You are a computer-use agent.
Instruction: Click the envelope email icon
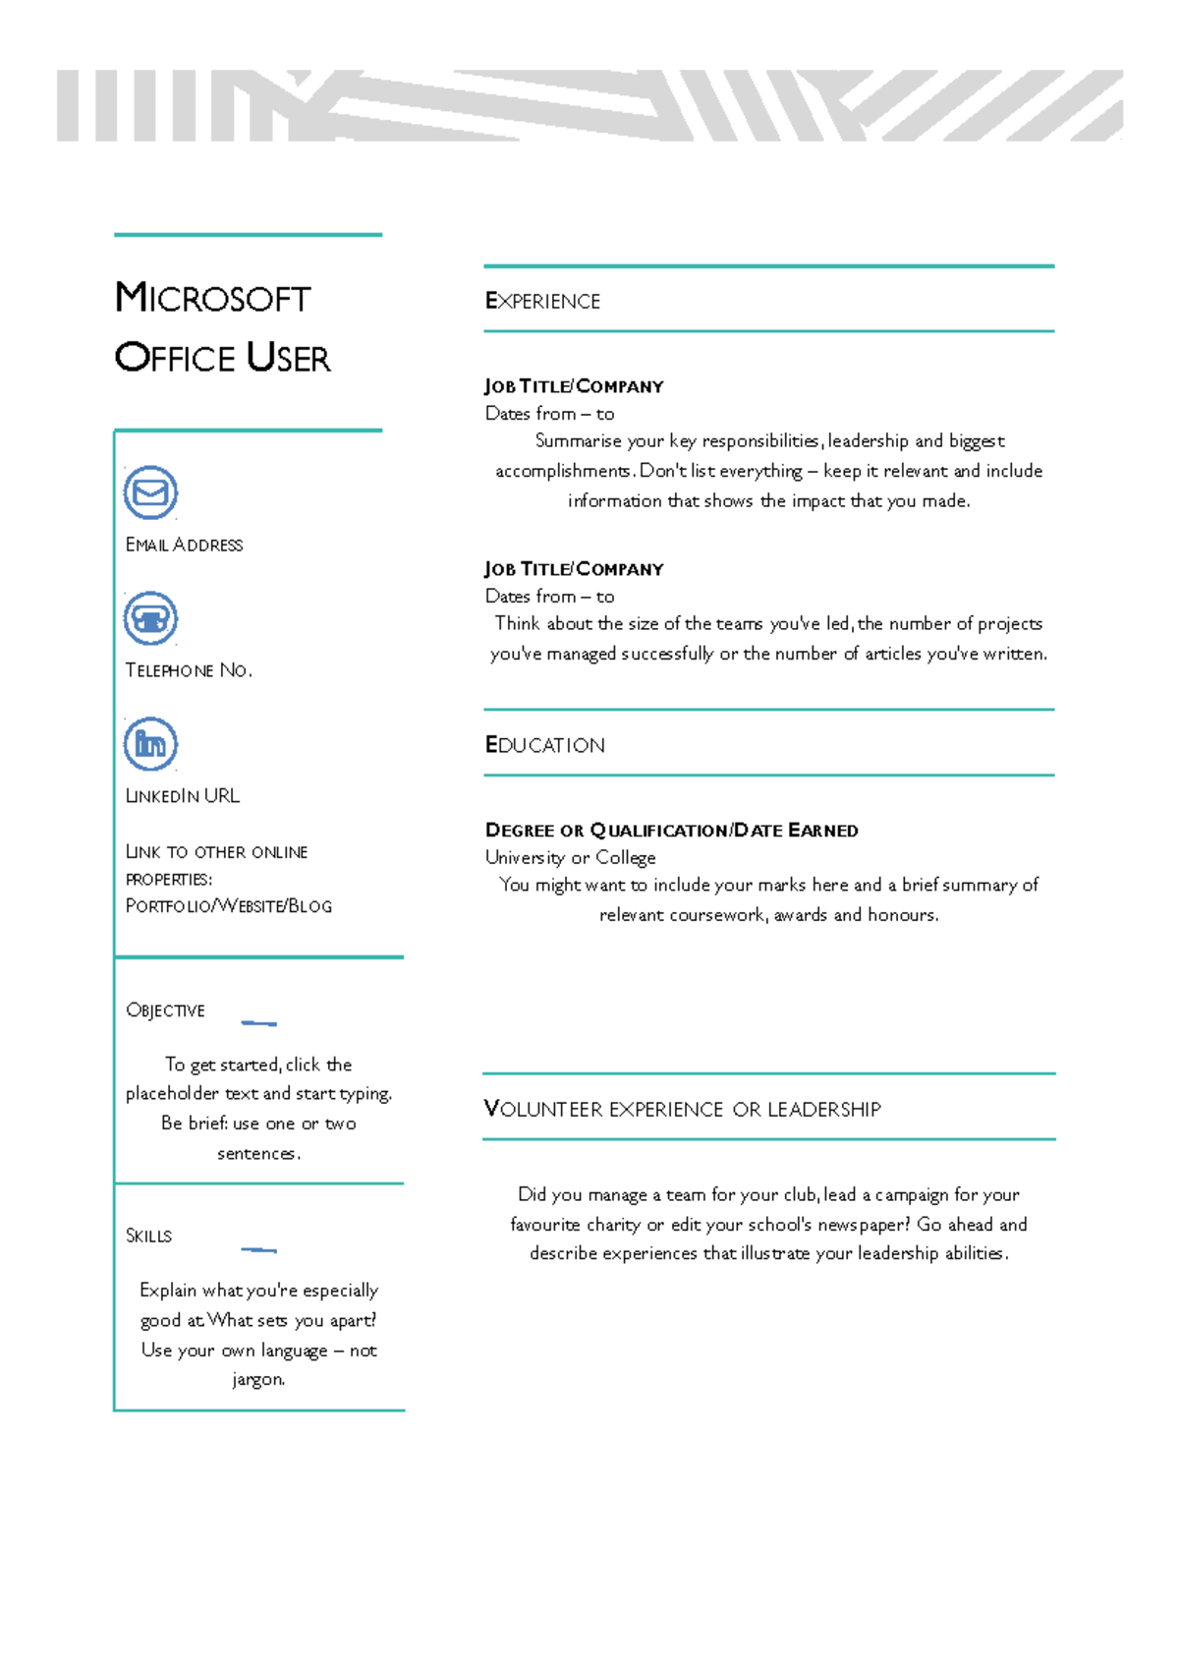click(150, 492)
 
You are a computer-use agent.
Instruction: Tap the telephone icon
click(150, 618)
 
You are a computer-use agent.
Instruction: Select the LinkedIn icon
click(150, 744)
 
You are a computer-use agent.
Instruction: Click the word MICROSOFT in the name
click(213, 298)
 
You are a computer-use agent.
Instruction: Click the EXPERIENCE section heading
click(542, 302)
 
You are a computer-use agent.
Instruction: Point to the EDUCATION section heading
click(545, 745)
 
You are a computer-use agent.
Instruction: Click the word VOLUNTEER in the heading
click(543, 1110)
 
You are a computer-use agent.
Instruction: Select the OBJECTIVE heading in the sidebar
click(165, 1010)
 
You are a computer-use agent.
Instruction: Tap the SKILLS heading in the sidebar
click(148, 1236)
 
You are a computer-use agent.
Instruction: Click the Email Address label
click(184, 545)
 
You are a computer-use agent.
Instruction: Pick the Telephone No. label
click(189, 670)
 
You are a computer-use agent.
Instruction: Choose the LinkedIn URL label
click(183, 796)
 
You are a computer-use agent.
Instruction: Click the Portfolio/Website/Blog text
click(229, 906)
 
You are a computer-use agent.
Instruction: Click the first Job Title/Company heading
click(574, 386)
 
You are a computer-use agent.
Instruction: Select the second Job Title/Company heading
click(574, 569)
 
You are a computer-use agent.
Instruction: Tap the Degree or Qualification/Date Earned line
click(671, 831)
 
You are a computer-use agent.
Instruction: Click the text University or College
click(570, 858)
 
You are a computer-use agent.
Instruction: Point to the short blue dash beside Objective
click(258, 1023)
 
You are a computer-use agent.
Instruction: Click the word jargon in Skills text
click(257, 1380)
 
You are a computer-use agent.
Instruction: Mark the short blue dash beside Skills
click(258, 1250)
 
